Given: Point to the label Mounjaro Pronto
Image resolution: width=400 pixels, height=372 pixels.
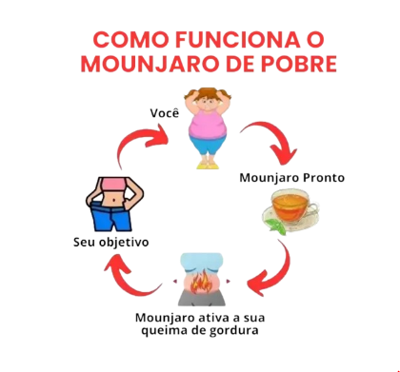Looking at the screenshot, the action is click(292, 177).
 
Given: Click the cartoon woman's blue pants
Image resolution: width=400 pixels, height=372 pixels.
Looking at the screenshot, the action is click(206, 147).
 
